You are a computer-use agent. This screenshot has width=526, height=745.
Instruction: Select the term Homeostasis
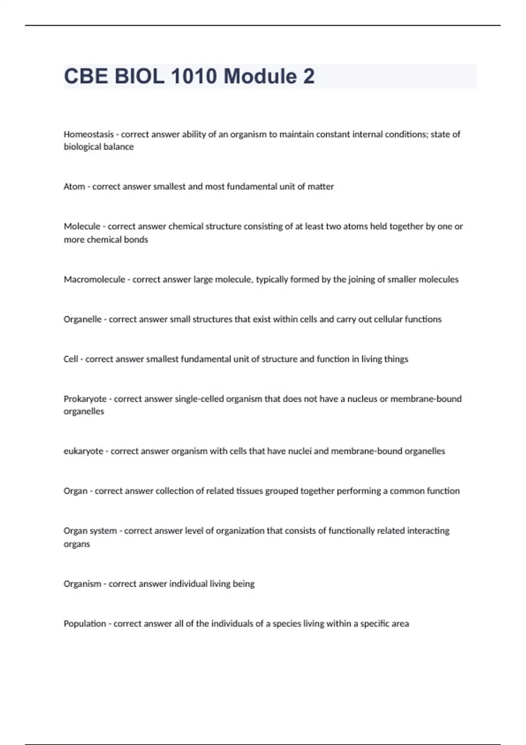pyautogui.click(x=89, y=134)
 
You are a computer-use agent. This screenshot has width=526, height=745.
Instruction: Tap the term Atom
pyautogui.click(x=74, y=187)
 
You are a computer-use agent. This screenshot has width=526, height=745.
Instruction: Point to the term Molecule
pyautogui.click(x=82, y=227)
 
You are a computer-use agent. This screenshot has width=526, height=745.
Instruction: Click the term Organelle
pyautogui.click(x=82, y=319)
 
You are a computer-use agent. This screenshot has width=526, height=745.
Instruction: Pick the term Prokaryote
pyautogui.click(x=85, y=399)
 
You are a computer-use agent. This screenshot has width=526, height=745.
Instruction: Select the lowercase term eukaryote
pyautogui.click(x=83, y=451)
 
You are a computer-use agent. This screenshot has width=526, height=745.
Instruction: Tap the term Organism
pyautogui.click(x=82, y=584)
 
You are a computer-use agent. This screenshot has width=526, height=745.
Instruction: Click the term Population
pyautogui.click(x=85, y=624)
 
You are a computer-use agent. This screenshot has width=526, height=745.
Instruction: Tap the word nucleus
pyautogui.click(x=362, y=399)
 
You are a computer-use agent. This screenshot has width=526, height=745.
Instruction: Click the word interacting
pyautogui.click(x=428, y=531)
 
